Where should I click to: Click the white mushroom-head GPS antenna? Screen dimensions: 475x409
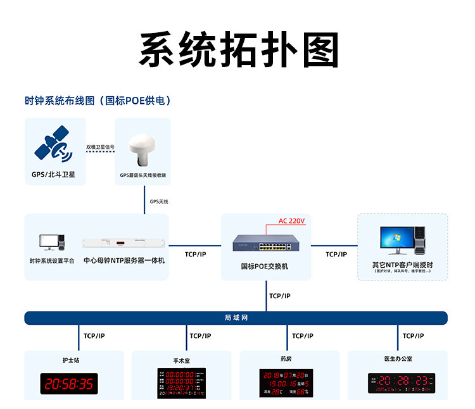[142, 149]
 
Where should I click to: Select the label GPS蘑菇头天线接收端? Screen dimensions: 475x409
[143, 175]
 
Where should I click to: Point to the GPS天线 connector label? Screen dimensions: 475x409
[158, 201]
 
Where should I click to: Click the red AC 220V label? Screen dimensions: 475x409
[292, 221]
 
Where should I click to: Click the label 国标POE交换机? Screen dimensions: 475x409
[265, 267]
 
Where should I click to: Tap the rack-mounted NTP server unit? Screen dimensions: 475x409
[124, 242]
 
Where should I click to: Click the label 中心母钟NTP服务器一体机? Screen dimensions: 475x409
[124, 260]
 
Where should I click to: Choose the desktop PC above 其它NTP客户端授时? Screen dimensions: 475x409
[402, 241]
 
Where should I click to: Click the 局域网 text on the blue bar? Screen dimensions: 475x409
[236, 317]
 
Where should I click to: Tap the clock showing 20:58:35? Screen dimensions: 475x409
[70, 383]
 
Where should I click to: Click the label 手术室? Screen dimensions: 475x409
[182, 361]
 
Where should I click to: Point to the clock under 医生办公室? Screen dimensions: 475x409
[402, 382]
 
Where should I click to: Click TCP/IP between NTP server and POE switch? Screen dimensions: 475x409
[195, 254]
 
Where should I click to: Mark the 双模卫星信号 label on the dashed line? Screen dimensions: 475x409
[100, 147]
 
